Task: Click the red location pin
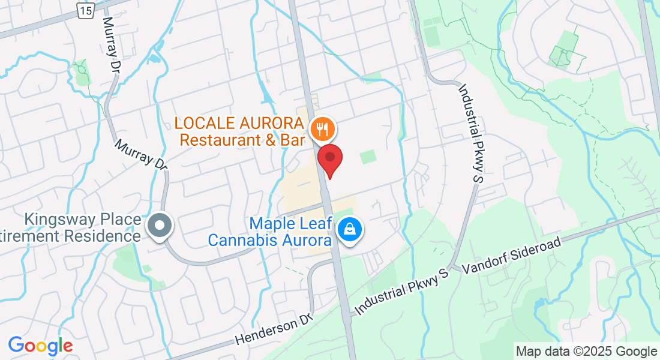click(329, 158)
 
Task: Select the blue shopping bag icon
click(348, 229)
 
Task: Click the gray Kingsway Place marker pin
click(160, 226)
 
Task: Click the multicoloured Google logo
click(40, 346)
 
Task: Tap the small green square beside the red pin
click(367, 157)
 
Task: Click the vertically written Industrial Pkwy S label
click(472, 133)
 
